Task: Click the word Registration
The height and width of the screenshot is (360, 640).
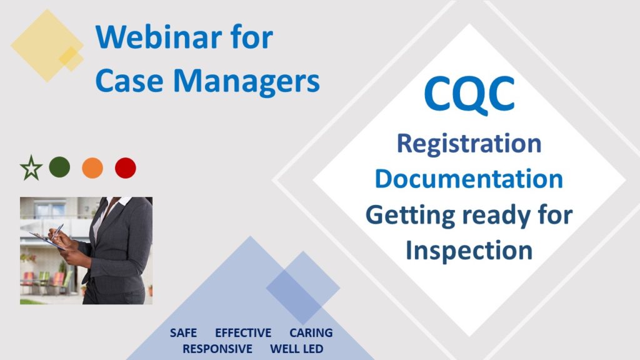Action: coord(469,143)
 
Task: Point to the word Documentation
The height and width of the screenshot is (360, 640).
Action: coord(469,179)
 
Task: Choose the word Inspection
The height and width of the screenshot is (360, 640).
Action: coord(469,250)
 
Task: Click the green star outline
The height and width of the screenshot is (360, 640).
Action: coord(31,168)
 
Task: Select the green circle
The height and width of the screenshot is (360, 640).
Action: coord(59,167)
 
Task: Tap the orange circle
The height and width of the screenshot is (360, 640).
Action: coord(92,167)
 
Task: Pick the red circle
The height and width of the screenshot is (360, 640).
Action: coord(126,167)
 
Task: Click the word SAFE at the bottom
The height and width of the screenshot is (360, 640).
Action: coord(183,333)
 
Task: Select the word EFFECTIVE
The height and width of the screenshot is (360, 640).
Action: coord(243,333)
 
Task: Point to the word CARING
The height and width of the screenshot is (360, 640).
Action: coord(311,333)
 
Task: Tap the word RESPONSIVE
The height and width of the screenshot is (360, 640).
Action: coord(217,349)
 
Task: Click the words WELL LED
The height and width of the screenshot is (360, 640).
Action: coord(297,349)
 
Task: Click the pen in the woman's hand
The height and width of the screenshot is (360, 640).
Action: coord(57,231)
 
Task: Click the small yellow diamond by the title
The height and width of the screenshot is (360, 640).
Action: coord(71,59)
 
